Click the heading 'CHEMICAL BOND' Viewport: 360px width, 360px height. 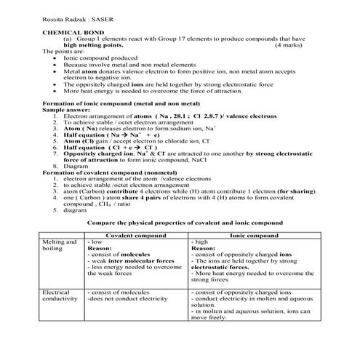coord(67,33)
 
